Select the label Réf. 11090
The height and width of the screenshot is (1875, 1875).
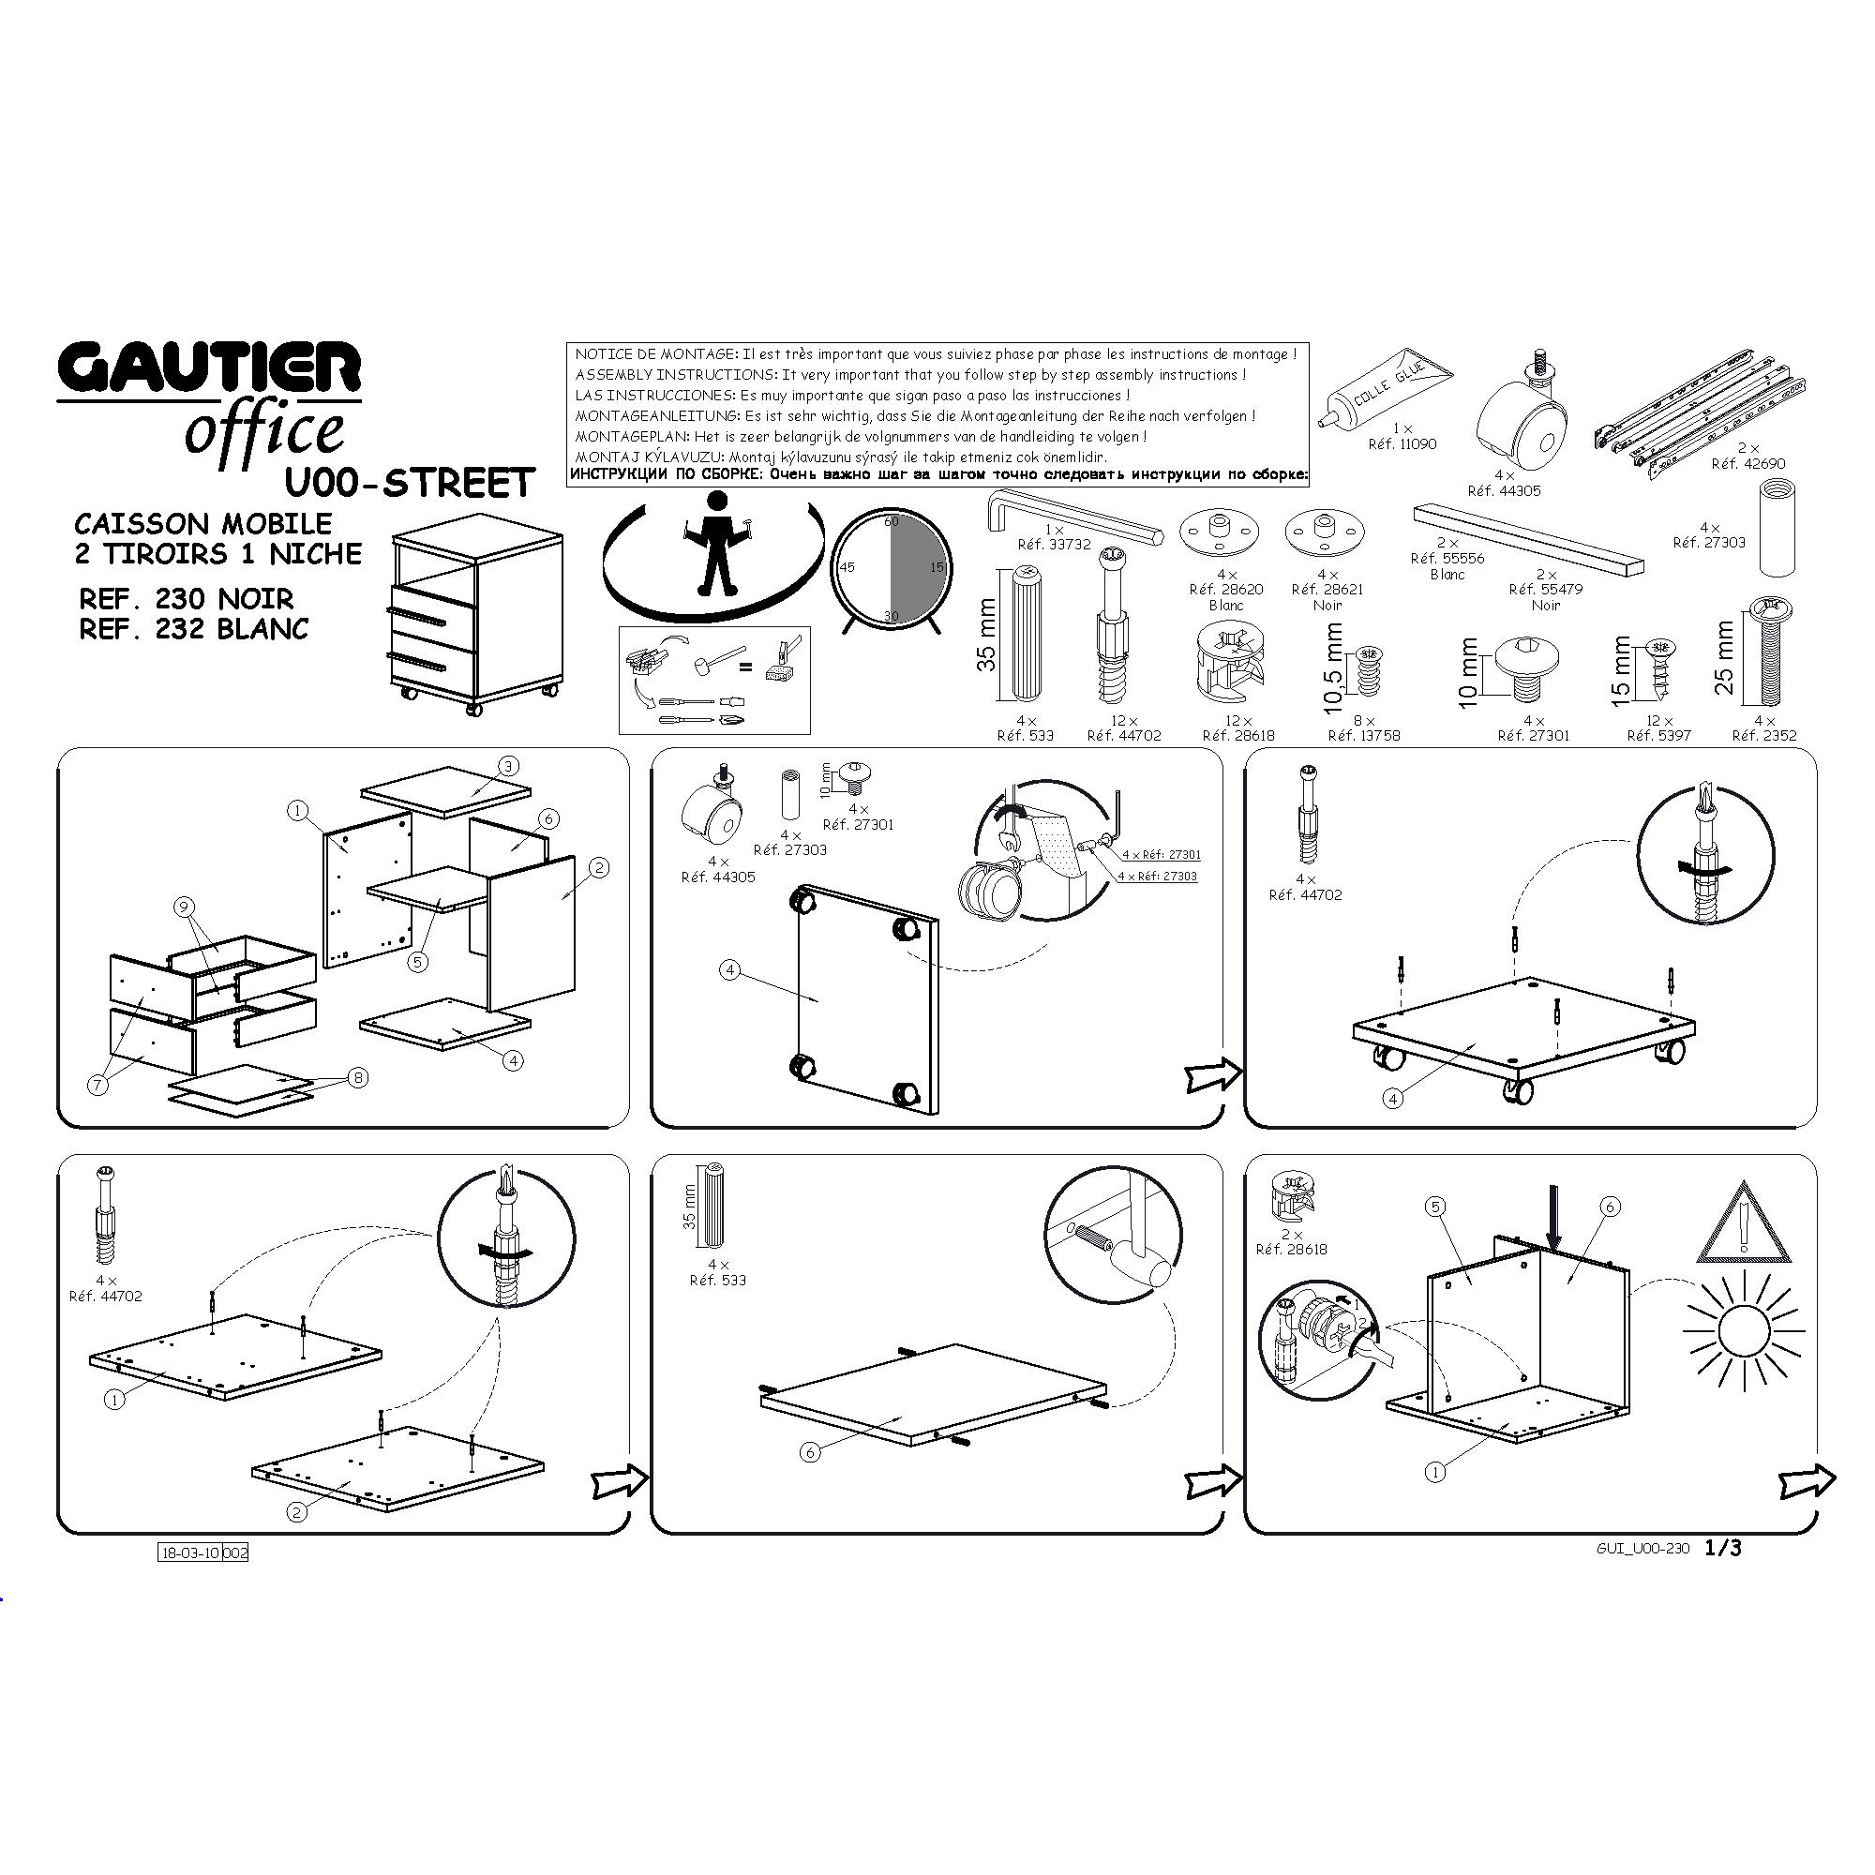coord(1402,443)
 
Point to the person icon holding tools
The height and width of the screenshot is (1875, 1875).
coord(717,544)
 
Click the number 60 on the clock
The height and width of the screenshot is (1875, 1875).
coord(891,522)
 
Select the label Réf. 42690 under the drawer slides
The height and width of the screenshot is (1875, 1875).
coord(1747,464)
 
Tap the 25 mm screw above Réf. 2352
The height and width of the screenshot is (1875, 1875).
coord(1770,652)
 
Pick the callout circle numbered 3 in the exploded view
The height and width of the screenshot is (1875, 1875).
coord(508,766)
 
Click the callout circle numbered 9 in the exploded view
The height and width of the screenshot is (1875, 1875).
coord(184,907)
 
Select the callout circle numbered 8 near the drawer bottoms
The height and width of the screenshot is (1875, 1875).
coord(359,1077)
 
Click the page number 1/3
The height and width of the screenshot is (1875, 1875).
coord(1724,1548)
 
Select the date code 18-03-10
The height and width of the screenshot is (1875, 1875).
coord(190,1552)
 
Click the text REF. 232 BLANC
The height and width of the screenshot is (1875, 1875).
coord(194,629)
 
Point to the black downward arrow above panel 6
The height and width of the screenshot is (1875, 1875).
coord(1554,1226)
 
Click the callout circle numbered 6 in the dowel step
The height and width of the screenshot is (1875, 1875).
coord(810,1452)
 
